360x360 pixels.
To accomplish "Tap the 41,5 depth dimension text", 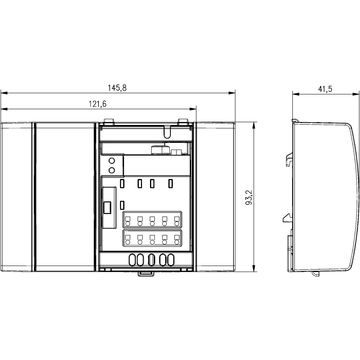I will (324, 88).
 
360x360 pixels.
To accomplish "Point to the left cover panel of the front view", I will (18, 195).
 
